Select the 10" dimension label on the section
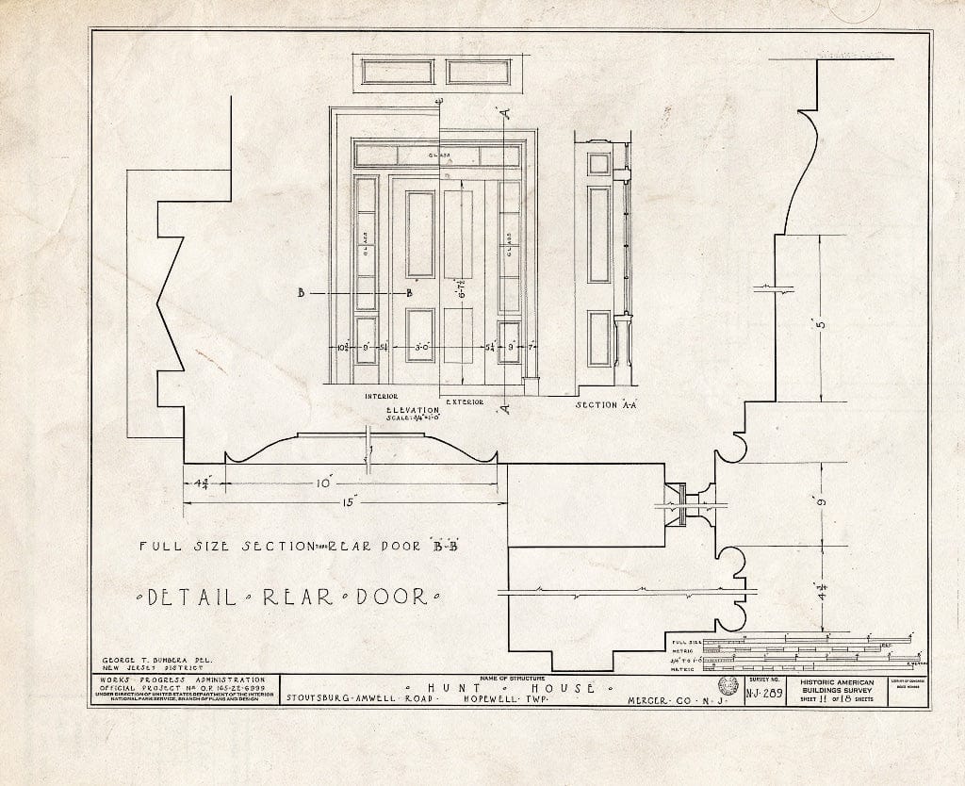coord(325,483)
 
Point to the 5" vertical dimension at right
coord(822,326)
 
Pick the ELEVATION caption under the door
coord(413,411)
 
